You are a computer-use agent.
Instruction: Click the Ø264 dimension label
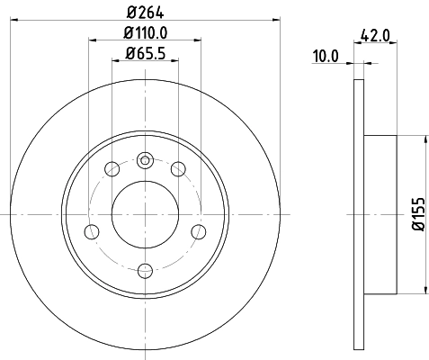click(x=145, y=12)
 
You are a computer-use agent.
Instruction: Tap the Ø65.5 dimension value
click(x=145, y=51)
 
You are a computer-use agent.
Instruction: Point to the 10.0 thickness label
click(x=326, y=57)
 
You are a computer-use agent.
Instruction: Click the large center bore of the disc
click(x=145, y=214)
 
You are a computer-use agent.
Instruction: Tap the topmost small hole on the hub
click(x=145, y=161)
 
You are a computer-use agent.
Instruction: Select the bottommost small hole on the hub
click(x=145, y=267)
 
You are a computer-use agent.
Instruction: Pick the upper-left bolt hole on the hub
click(x=112, y=168)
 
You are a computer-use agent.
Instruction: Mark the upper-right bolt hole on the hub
click(x=178, y=168)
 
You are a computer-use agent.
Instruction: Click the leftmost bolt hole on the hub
click(x=91, y=230)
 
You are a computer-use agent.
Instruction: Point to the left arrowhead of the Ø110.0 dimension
click(x=92, y=40)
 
